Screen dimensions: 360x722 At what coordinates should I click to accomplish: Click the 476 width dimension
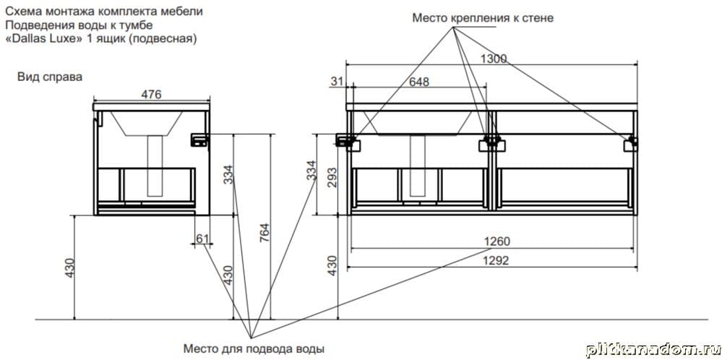[151, 94]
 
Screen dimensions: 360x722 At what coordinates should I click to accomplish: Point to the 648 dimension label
[418, 82]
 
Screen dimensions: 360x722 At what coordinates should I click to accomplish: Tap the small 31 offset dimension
[335, 82]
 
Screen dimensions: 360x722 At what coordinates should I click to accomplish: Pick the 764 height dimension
[265, 233]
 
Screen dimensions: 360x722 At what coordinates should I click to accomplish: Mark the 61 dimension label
[202, 239]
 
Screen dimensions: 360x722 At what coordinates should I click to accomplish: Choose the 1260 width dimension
[497, 241]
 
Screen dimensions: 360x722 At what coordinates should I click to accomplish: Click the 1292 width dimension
[497, 261]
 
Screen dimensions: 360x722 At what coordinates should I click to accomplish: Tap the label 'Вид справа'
[51, 76]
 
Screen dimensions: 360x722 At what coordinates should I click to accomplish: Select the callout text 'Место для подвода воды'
[248, 348]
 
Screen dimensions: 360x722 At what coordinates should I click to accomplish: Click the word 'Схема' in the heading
[22, 12]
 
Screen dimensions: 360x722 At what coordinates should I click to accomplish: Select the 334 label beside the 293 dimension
[311, 171]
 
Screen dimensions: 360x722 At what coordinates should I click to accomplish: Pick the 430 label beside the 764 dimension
[228, 275]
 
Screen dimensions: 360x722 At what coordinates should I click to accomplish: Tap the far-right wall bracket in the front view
[632, 143]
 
